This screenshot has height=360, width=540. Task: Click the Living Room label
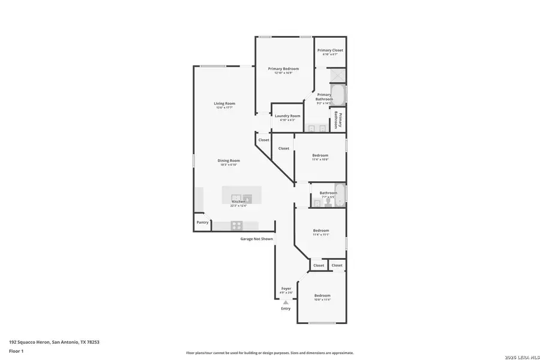tap(224, 104)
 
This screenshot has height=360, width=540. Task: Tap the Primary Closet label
tap(330, 50)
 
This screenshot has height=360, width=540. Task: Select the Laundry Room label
tap(287, 116)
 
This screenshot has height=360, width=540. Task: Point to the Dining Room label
tap(229, 160)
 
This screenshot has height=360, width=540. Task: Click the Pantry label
tap(202, 223)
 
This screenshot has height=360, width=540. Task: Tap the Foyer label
tap(286, 289)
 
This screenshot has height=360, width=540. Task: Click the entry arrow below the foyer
tap(286, 302)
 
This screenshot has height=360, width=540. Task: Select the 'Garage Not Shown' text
tap(257, 239)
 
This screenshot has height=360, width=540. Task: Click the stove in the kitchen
tap(236, 226)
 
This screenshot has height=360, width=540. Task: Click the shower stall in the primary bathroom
tap(338, 76)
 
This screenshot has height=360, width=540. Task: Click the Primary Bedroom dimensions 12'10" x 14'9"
tap(283, 73)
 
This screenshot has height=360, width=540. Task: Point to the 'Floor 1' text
tap(16, 351)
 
